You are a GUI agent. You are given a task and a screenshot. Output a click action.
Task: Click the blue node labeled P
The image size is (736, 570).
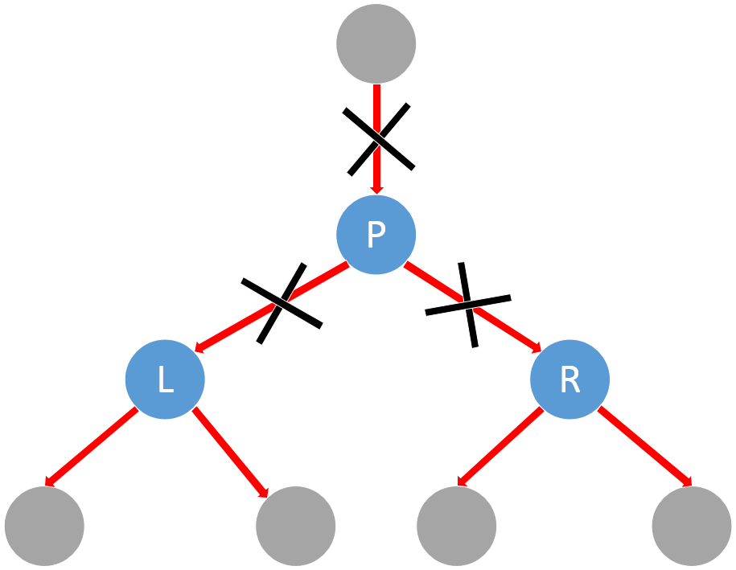[x=376, y=235]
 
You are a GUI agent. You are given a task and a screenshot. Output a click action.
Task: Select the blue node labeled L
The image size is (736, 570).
[x=165, y=379]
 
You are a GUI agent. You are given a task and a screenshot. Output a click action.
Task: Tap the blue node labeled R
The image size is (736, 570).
[x=569, y=379]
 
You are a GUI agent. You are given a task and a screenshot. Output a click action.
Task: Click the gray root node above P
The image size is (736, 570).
[x=376, y=43]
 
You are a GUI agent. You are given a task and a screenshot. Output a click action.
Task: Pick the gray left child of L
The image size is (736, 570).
[x=44, y=526]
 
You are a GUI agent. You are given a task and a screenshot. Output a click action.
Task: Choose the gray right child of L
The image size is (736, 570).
[x=295, y=526]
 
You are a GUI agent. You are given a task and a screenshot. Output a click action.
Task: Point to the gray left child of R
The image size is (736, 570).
[x=456, y=526]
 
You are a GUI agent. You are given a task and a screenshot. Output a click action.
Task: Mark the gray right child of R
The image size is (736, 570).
[x=692, y=526]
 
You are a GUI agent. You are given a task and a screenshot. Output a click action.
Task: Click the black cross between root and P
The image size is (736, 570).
[x=378, y=138]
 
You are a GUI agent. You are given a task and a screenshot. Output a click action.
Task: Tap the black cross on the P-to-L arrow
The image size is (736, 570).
[x=281, y=302]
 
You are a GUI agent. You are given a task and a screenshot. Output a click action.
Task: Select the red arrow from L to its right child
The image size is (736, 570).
[x=231, y=452]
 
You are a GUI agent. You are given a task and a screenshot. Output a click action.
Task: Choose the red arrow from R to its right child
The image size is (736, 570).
[x=643, y=447]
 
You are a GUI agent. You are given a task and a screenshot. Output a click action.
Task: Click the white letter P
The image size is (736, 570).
[x=376, y=235]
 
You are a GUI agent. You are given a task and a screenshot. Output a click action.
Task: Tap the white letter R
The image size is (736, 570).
[x=569, y=380]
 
